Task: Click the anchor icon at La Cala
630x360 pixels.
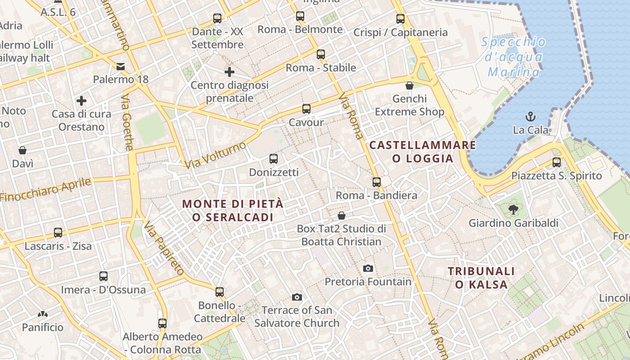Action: coord(531,117)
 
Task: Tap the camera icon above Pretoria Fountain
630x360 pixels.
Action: coord(368,268)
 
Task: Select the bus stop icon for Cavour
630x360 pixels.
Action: coord(306,108)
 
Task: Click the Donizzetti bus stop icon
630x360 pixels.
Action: coord(273,158)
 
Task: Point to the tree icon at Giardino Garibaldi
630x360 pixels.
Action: coord(512,209)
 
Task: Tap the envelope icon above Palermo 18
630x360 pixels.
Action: coord(121,67)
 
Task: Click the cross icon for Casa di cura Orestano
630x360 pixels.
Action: coord(81,100)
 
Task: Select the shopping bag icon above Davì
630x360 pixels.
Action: coord(22,150)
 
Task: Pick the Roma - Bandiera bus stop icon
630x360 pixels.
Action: coord(377,182)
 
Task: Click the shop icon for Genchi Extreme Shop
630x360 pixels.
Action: coord(409,85)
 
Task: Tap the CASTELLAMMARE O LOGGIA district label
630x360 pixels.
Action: coord(423,152)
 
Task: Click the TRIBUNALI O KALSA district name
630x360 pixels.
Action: coord(481,278)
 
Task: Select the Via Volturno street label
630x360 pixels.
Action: coord(216,155)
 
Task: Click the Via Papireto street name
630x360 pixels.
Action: coord(164,248)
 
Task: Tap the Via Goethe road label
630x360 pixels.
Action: coord(127,122)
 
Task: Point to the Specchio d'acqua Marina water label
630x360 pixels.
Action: coord(514,57)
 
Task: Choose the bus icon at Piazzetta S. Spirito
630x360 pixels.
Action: coord(557,162)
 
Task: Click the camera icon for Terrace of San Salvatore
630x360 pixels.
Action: coord(297,297)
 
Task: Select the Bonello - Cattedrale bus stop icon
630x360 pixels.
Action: coord(220,292)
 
